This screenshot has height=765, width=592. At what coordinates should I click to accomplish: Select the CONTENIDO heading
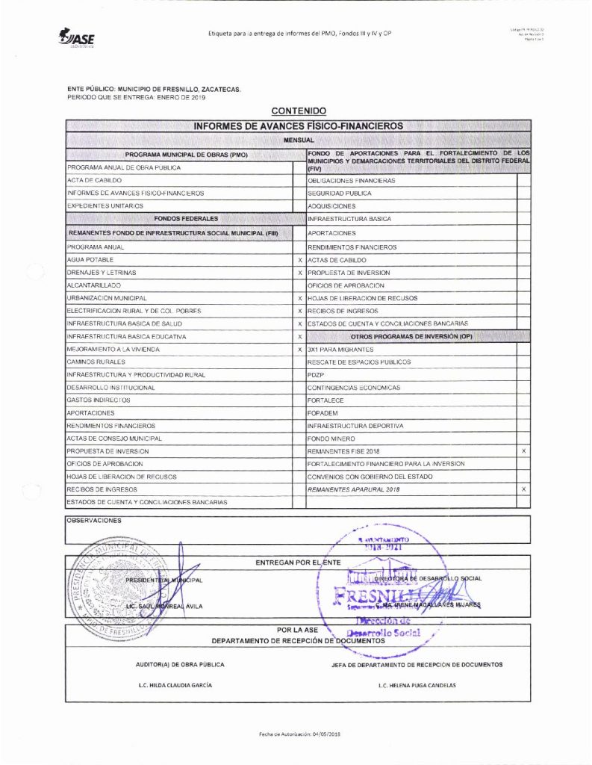[298, 111]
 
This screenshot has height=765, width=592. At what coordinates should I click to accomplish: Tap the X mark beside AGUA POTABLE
[299, 260]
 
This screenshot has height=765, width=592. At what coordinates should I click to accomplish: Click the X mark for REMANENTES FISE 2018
[523, 451]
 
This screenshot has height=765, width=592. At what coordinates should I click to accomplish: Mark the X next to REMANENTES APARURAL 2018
[523, 489]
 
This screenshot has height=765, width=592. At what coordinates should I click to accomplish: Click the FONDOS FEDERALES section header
[185, 219]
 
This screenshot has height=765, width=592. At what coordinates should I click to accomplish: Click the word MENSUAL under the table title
[298, 140]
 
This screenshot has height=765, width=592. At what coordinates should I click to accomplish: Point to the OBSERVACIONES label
[93, 521]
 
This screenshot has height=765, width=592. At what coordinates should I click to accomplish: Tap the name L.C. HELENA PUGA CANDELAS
[417, 685]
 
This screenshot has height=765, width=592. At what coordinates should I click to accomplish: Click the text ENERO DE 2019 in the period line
[178, 98]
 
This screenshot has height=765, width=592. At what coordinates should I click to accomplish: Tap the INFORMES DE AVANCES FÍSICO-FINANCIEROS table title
[298, 126]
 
